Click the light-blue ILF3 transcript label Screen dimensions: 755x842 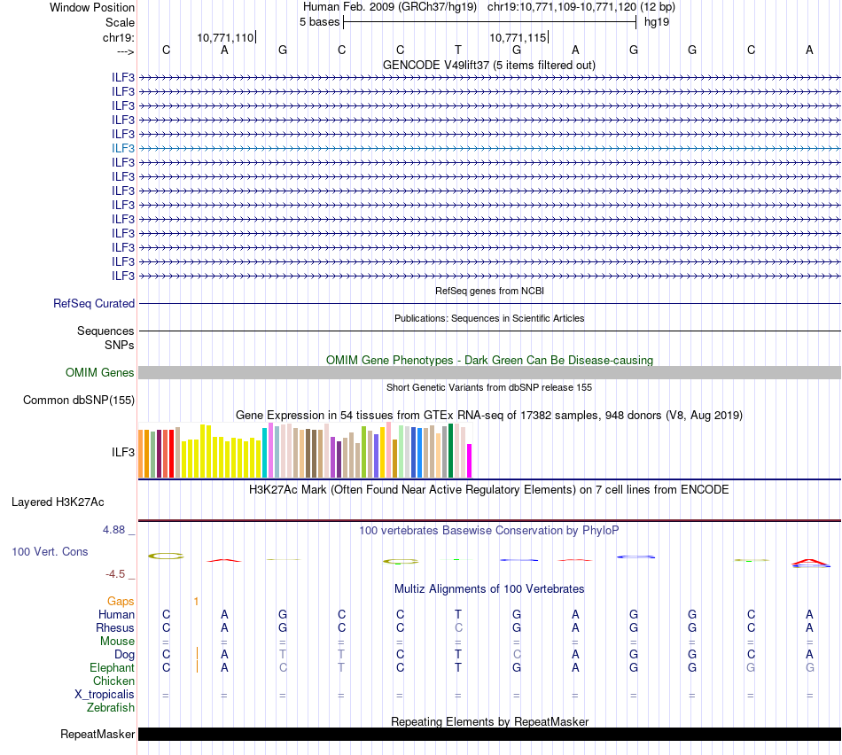[x=123, y=148]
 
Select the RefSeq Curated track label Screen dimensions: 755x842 [x=94, y=303]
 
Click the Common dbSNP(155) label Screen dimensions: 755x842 [x=78, y=400]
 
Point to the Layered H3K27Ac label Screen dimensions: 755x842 [x=58, y=502]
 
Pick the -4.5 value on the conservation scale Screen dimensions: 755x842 [x=116, y=573]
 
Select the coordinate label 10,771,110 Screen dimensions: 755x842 [x=225, y=37]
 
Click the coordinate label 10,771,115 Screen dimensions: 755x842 [x=518, y=37]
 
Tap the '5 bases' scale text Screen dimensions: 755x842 [x=319, y=21]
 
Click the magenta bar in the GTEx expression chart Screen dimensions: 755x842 [x=470, y=460]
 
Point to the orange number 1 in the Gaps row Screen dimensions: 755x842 [x=196, y=601]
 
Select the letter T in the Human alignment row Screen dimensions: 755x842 [x=458, y=614]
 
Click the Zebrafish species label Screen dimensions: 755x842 [x=111, y=708]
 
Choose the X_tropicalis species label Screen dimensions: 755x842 [x=105, y=695]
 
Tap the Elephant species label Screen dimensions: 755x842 [x=112, y=668]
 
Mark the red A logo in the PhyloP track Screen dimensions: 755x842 [x=809, y=561]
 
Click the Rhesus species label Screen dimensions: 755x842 [x=115, y=627]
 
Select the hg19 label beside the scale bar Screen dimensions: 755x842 [x=657, y=21]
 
